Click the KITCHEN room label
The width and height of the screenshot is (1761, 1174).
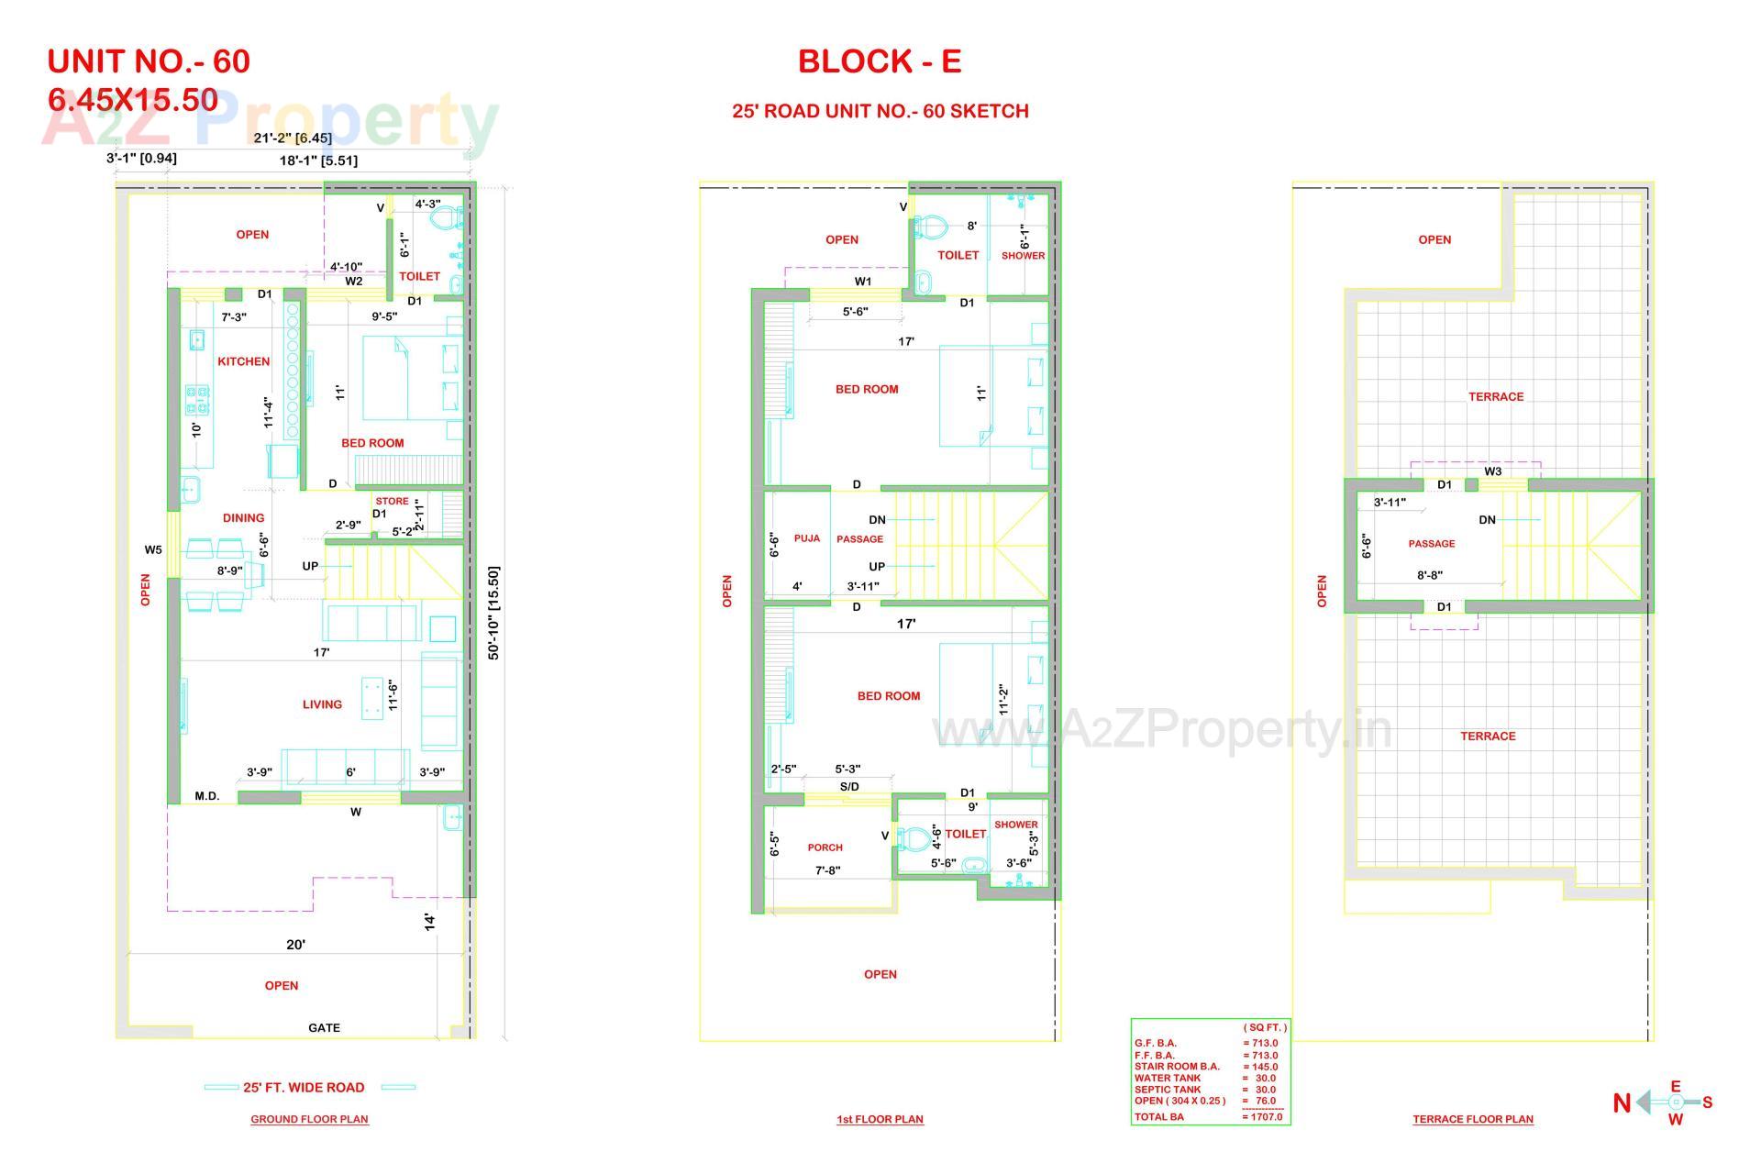[243, 361]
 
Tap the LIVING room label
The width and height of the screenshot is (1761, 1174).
[322, 704]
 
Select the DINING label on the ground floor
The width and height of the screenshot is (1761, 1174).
[243, 518]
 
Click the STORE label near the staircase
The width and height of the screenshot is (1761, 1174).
[392, 502]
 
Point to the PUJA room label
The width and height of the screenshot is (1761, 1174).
[807, 538]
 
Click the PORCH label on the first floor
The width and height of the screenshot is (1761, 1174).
[825, 847]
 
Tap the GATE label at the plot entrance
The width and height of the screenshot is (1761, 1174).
[324, 1028]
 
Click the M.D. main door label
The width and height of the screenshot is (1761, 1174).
[207, 796]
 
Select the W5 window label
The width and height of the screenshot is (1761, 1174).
[153, 550]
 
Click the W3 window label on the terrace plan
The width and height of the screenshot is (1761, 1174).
[1493, 471]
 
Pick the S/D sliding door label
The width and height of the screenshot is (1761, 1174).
[849, 787]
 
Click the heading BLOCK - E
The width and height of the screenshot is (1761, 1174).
[880, 61]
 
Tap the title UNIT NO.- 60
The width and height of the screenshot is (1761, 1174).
[149, 61]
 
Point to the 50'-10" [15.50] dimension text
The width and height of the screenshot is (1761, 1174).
[493, 613]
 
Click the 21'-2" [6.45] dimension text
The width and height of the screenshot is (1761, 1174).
[293, 138]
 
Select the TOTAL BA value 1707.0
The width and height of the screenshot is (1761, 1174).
[1263, 1117]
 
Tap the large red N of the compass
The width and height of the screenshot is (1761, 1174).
[1622, 1103]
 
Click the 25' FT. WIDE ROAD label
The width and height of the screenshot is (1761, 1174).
[304, 1088]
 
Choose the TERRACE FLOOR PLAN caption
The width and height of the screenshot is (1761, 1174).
[1473, 1119]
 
